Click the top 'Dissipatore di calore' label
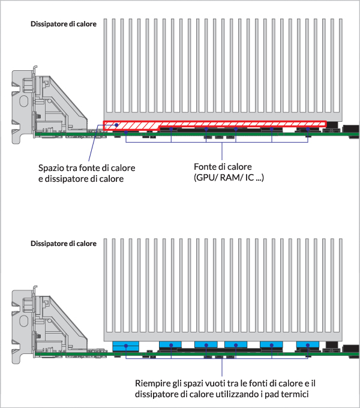64,25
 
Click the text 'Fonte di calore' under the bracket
222,167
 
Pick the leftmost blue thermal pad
125,346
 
